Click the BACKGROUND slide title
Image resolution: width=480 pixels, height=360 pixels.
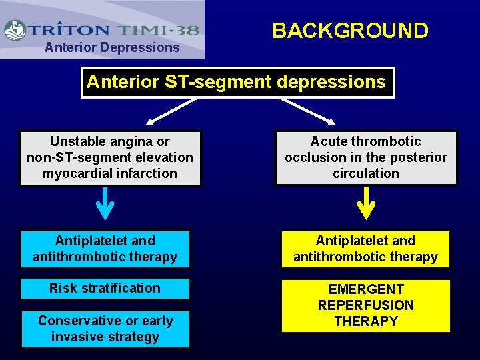click(350, 31)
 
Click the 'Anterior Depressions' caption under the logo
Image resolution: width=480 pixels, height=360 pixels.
click(111, 47)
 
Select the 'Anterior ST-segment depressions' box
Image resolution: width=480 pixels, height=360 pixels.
click(237, 83)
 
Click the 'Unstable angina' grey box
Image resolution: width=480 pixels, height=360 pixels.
click(110, 157)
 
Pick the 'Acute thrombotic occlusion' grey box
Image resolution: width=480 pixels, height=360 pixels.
click(366, 157)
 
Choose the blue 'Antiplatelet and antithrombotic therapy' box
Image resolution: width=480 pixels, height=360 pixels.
click(105, 249)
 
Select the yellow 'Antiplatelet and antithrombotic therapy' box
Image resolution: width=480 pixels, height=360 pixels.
click(366, 249)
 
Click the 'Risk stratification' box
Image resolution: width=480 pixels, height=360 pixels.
click(105, 289)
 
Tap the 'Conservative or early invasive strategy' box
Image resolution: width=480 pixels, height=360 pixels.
click(105, 329)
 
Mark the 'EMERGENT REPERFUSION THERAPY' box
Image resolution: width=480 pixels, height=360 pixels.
click(366, 305)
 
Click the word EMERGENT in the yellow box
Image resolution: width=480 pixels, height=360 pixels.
click(366, 289)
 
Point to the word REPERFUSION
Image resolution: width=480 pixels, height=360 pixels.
click(366, 305)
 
